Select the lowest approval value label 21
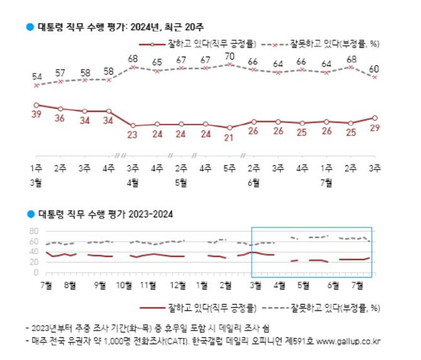pyautogui.click(x=229, y=138)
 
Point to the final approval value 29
pyautogui.click(x=375, y=128)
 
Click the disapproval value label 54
pyautogui.click(x=36, y=76)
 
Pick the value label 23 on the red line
pyautogui.click(x=133, y=135)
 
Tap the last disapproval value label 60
pyautogui.click(x=375, y=68)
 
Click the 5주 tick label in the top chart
pyautogui.click(x=229, y=168)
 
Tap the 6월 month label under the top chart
pyautogui.click(x=254, y=183)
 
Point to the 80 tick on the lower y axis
pyautogui.click(x=33, y=231)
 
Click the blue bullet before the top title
pyautogui.click(x=29, y=26)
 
